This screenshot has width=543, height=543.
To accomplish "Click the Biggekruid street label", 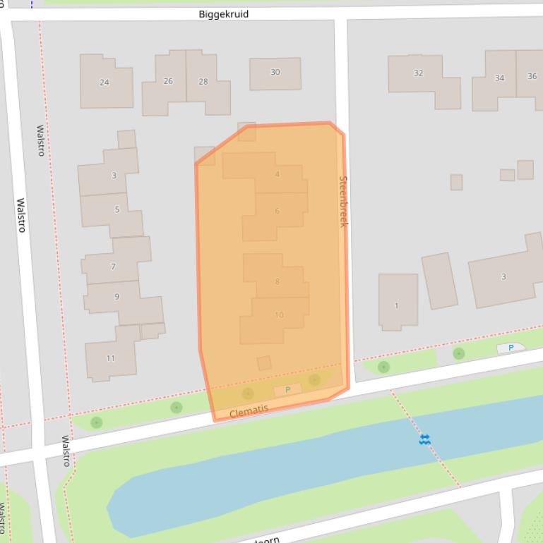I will click(223, 14).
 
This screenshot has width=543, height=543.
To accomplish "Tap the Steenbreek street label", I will click(343, 201).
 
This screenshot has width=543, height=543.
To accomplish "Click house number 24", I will click(105, 83).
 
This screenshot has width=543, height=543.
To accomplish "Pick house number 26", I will click(168, 81).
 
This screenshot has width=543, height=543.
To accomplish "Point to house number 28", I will click(203, 82).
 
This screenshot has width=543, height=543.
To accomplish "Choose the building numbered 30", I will click(275, 72).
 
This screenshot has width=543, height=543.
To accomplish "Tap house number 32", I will click(418, 73).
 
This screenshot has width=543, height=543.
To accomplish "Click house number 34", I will click(499, 78).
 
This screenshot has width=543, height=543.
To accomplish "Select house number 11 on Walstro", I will click(111, 358).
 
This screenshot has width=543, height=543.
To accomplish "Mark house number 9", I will click(117, 297).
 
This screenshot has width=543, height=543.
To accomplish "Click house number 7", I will click(113, 267).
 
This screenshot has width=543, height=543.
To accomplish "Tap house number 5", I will click(117, 209).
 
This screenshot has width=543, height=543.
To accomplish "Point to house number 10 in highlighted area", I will click(279, 315).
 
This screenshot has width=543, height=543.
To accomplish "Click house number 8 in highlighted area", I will click(278, 282).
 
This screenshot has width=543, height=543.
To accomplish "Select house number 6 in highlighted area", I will click(278, 211).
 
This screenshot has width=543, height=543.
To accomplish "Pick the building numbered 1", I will click(397, 305).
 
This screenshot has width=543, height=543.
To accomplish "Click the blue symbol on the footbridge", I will click(424, 439).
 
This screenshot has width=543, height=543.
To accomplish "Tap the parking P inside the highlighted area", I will click(287, 390).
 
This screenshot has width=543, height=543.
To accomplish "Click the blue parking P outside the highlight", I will click(511, 348).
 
